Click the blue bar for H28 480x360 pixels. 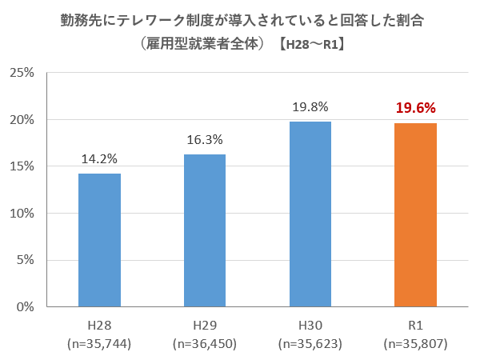coord(99,240)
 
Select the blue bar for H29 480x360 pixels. coord(205,230)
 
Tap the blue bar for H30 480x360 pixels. coord(310,214)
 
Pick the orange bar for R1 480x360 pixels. coord(416,214)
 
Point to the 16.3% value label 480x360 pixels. coord(205,140)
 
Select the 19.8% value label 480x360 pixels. coord(310,107)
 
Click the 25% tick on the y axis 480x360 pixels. coord(22,73)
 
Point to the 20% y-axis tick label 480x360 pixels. coord(22,120)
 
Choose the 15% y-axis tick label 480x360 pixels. coord(22,166)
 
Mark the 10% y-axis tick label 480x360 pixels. coord(22,214)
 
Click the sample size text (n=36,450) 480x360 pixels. coord(205,344)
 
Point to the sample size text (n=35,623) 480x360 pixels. coord(310,344)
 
